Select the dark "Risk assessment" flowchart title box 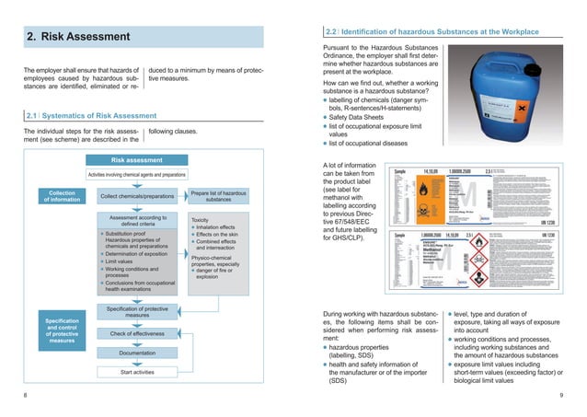[136, 159]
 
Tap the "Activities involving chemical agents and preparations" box [136, 174]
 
